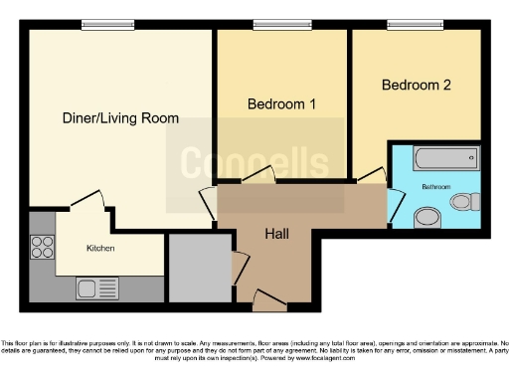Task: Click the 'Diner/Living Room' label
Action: point(121,118)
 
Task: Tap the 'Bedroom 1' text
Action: point(281,103)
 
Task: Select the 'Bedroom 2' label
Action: point(417,86)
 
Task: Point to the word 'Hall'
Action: point(276,234)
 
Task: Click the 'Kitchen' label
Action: point(102,247)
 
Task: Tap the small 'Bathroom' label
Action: point(434,186)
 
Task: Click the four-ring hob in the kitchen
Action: point(44,247)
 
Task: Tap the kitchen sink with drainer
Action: point(97,288)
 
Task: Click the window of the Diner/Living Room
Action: point(95,25)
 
